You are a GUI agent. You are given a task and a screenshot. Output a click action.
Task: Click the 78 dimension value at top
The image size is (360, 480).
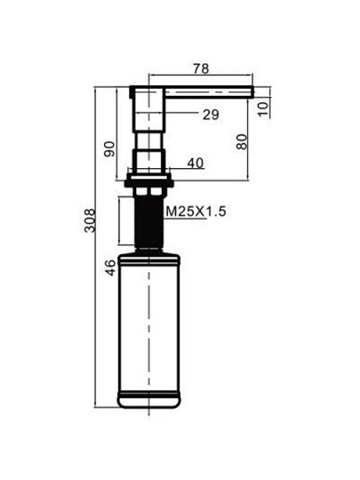point(201,68)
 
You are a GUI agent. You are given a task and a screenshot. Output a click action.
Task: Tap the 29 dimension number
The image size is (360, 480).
point(211,115)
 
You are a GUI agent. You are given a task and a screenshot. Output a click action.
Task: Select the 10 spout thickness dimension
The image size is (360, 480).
point(262,109)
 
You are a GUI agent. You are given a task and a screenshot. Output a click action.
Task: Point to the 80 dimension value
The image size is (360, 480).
point(242,141)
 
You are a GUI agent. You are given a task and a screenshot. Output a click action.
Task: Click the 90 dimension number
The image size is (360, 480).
point(109,148)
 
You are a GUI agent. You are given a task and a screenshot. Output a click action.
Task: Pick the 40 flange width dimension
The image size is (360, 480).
point(196,164)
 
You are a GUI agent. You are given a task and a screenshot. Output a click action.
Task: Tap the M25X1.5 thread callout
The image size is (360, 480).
point(196,212)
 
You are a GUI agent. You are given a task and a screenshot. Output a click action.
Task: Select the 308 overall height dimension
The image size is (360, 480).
point(90,220)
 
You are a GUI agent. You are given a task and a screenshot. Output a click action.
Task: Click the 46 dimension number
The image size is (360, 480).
point(110,267)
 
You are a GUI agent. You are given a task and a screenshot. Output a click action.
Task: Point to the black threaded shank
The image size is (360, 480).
point(148,222)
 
